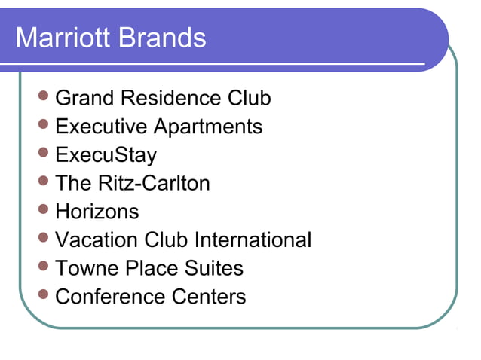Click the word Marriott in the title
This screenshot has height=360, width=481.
click(x=60, y=38)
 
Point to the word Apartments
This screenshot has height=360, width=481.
click(x=213, y=127)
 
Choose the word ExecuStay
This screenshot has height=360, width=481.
click(x=106, y=155)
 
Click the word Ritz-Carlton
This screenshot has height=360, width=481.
click(x=154, y=183)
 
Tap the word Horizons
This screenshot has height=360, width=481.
click(x=97, y=212)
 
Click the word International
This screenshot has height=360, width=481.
click(x=253, y=240)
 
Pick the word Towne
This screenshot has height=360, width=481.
click(x=84, y=268)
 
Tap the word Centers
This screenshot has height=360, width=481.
click(x=209, y=297)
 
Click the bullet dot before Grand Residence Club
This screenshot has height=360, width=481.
click(x=44, y=96)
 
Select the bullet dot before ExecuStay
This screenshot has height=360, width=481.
click(x=44, y=153)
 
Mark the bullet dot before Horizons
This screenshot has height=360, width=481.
click(x=44, y=209)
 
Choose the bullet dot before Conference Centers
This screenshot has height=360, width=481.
click(x=44, y=294)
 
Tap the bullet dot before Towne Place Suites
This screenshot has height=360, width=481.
click(x=44, y=266)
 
